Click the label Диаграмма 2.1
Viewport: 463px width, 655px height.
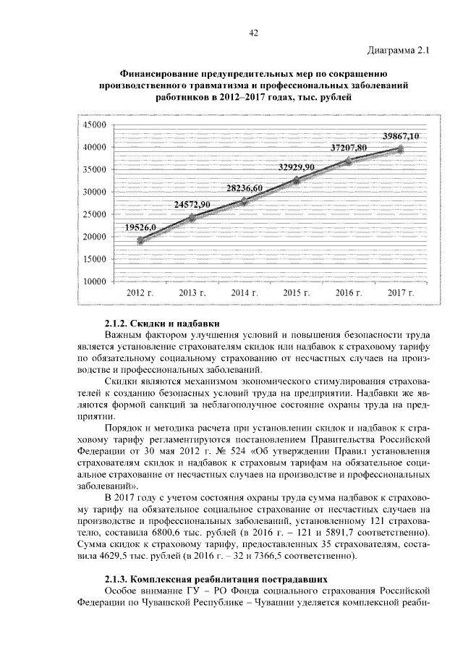(x=399, y=50)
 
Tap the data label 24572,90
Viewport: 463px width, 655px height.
(x=192, y=206)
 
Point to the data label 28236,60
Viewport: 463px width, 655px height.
(x=244, y=187)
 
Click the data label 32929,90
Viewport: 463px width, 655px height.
(x=297, y=167)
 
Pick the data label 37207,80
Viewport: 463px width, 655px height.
(x=349, y=148)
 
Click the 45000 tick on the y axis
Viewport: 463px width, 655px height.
(x=93, y=125)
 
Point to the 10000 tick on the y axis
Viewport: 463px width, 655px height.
(x=93, y=282)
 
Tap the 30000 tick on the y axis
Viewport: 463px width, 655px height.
(x=93, y=193)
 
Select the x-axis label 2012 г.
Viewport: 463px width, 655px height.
(x=140, y=293)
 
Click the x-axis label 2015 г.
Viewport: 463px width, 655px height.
(x=297, y=293)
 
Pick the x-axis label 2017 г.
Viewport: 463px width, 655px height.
(x=401, y=293)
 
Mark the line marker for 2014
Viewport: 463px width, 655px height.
(x=245, y=200)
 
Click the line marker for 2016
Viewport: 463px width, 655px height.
(x=349, y=160)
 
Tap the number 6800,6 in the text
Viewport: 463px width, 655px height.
(x=182, y=534)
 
